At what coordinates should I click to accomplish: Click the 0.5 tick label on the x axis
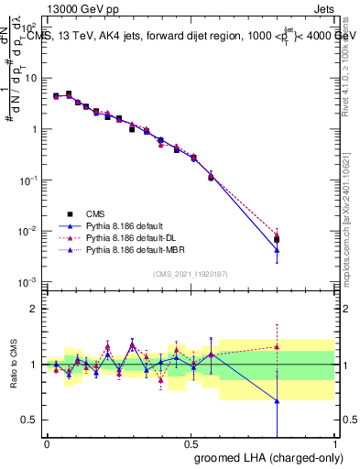pos(191,443)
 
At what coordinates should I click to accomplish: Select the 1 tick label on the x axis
pos(333,443)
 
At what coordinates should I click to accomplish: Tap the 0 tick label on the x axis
pos(47,443)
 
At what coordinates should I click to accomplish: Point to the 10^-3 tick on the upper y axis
pos(30,281)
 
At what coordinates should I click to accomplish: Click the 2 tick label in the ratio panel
pos(34,309)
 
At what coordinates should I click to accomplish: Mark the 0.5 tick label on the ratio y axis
pos(30,420)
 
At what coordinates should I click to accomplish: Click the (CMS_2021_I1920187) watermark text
pos(191,274)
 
